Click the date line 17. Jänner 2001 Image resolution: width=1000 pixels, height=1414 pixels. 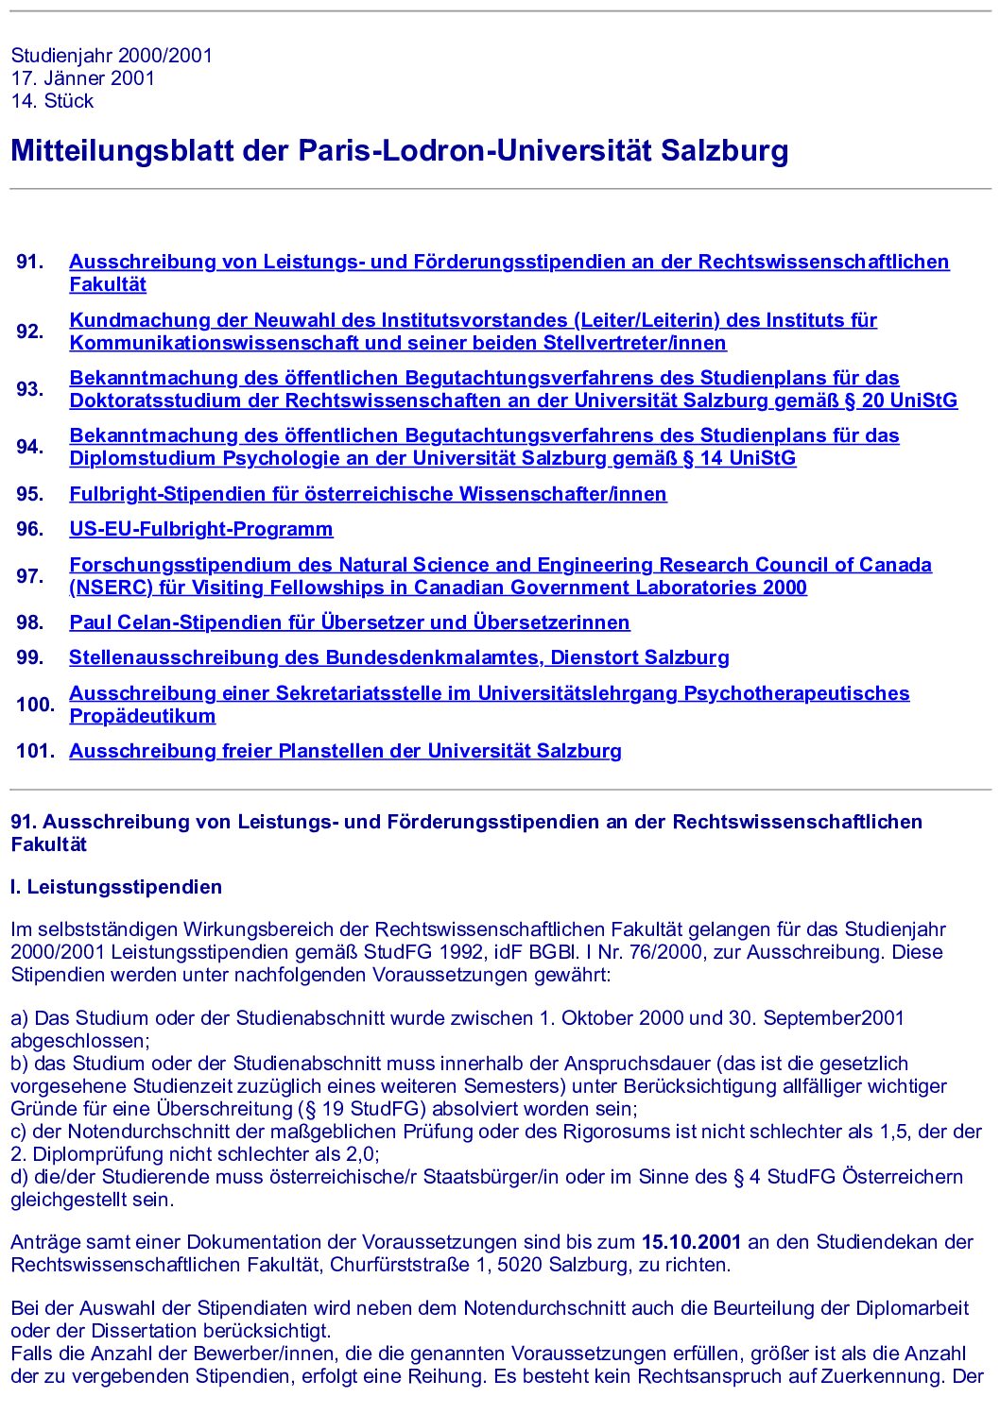[83, 78]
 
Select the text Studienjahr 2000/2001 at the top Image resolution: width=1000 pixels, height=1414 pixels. [112, 56]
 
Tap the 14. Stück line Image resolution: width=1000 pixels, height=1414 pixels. [53, 101]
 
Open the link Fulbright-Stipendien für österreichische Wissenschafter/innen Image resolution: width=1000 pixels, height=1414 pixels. [368, 494]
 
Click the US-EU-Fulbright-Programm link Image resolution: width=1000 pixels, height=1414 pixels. [201, 529]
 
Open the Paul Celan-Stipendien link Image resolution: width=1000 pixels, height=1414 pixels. [350, 622]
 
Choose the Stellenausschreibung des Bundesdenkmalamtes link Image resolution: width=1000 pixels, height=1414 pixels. [399, 657]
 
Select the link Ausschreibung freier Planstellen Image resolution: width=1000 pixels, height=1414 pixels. [345, 751]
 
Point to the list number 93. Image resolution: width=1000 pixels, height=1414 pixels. [30, 389]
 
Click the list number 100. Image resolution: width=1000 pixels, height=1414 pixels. [35, 705]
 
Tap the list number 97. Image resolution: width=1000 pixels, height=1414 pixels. [30, 576]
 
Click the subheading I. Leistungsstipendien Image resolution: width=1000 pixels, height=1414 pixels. [116, 887]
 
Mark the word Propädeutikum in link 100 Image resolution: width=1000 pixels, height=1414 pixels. [143, 716]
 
